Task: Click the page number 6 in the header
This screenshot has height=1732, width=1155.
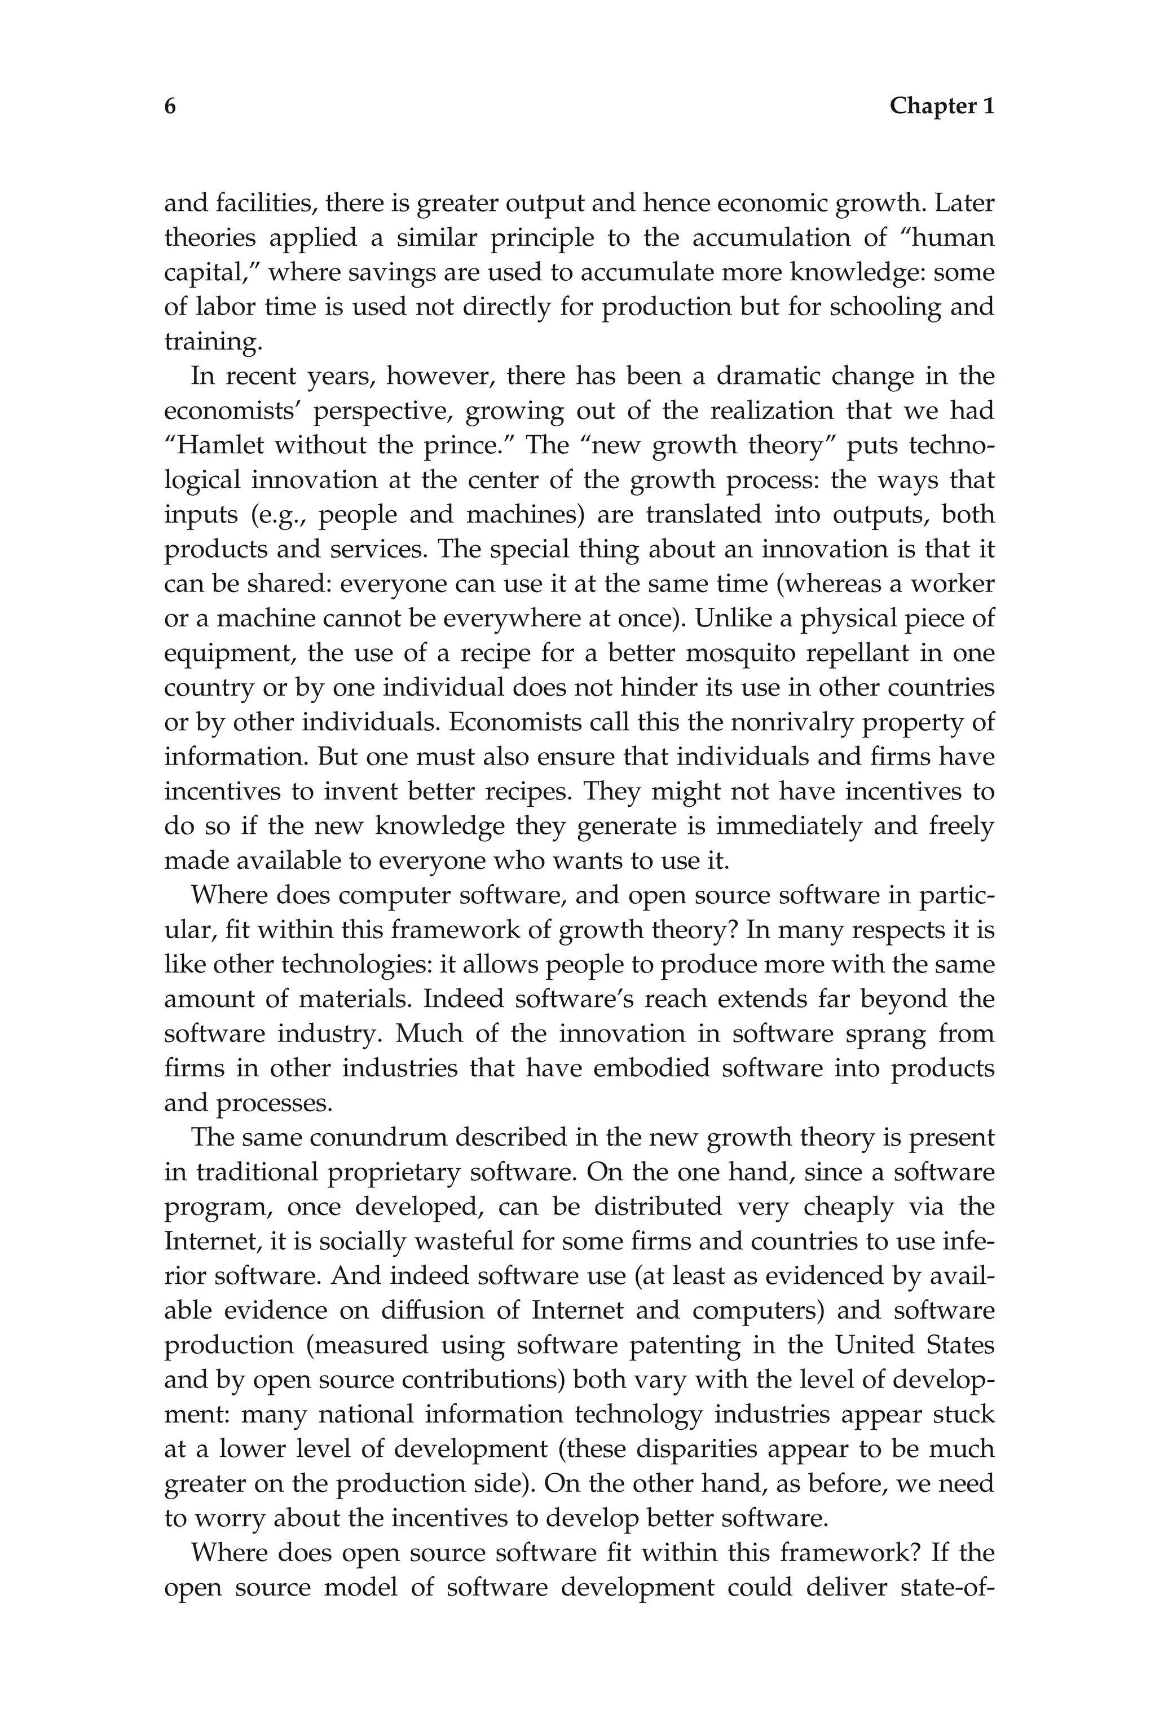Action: tap(170, 107)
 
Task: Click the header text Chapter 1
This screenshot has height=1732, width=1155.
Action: tap(941, 107)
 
